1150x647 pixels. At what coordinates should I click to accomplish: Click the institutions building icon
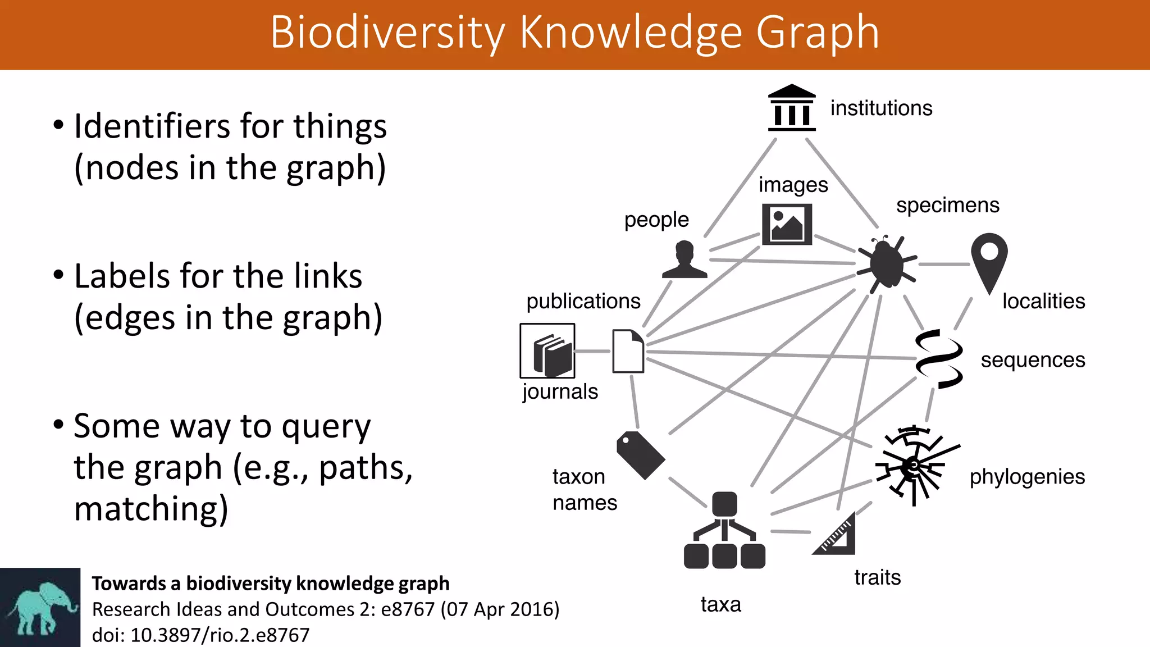point(792,108)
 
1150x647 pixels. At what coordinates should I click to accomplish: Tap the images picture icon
point(787,225)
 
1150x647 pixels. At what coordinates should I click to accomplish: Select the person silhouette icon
point(684,260)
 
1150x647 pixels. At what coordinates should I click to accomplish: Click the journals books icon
point(547,351)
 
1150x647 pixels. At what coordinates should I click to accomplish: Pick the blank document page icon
point(628,351)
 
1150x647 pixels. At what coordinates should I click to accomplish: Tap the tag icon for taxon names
point(640,454)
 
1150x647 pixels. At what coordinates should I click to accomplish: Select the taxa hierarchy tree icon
point(724,530)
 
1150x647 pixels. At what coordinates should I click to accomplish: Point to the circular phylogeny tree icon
point(914,465)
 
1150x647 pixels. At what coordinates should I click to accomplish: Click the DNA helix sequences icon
point(939,359)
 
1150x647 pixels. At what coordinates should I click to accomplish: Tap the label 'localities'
point(1043,302)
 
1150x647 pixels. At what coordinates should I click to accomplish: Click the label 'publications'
point(583,302)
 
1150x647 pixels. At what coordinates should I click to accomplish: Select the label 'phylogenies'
point(1027,477)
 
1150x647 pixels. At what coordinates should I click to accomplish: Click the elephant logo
point(40,608)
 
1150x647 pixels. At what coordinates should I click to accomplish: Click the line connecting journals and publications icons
point(592,351)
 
